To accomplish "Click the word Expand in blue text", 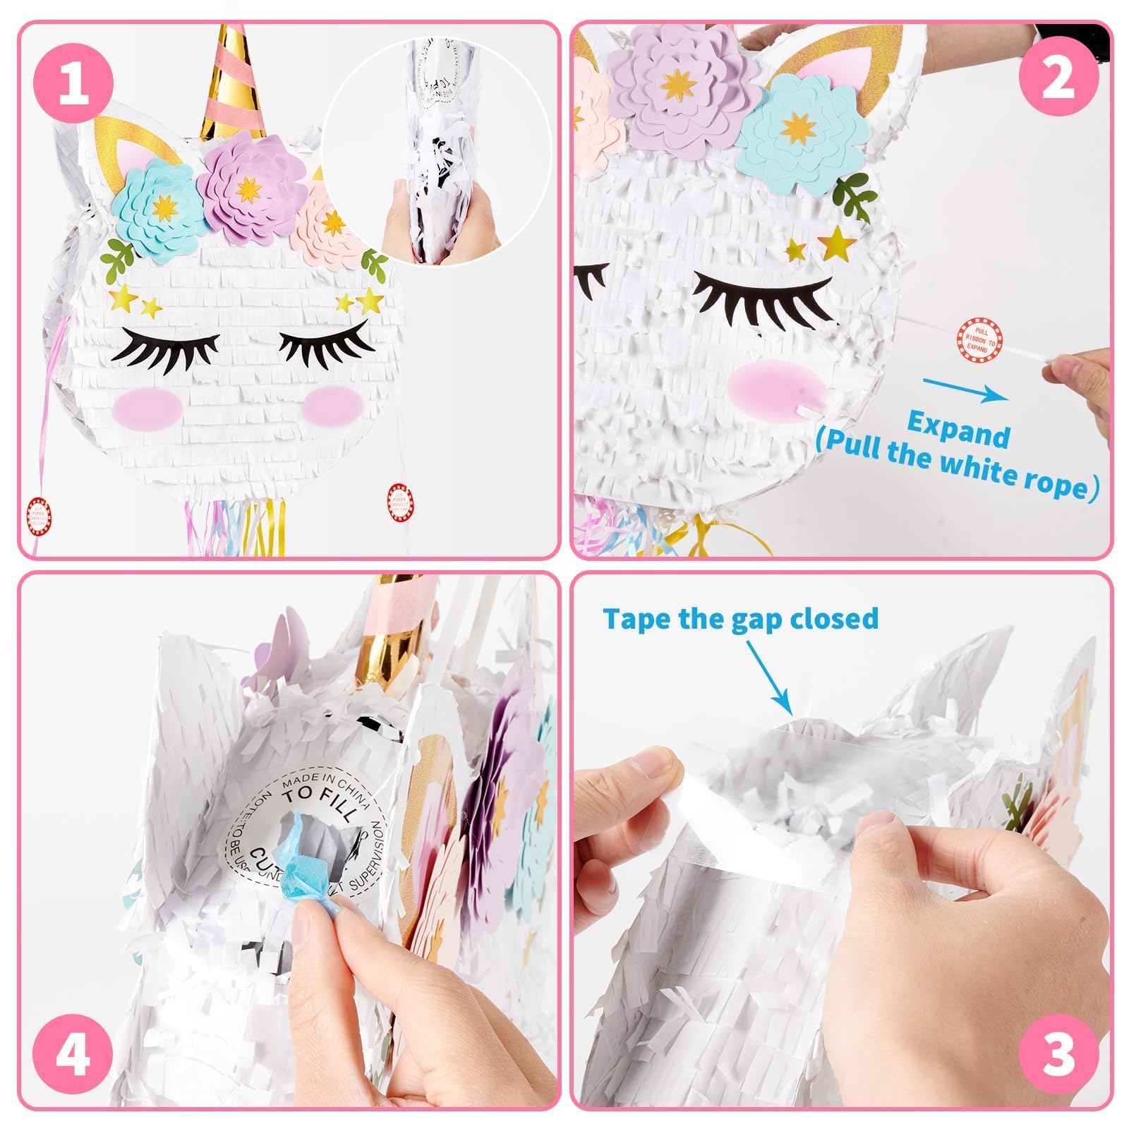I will tap(958, 430).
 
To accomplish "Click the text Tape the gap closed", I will tap(740, 618).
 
